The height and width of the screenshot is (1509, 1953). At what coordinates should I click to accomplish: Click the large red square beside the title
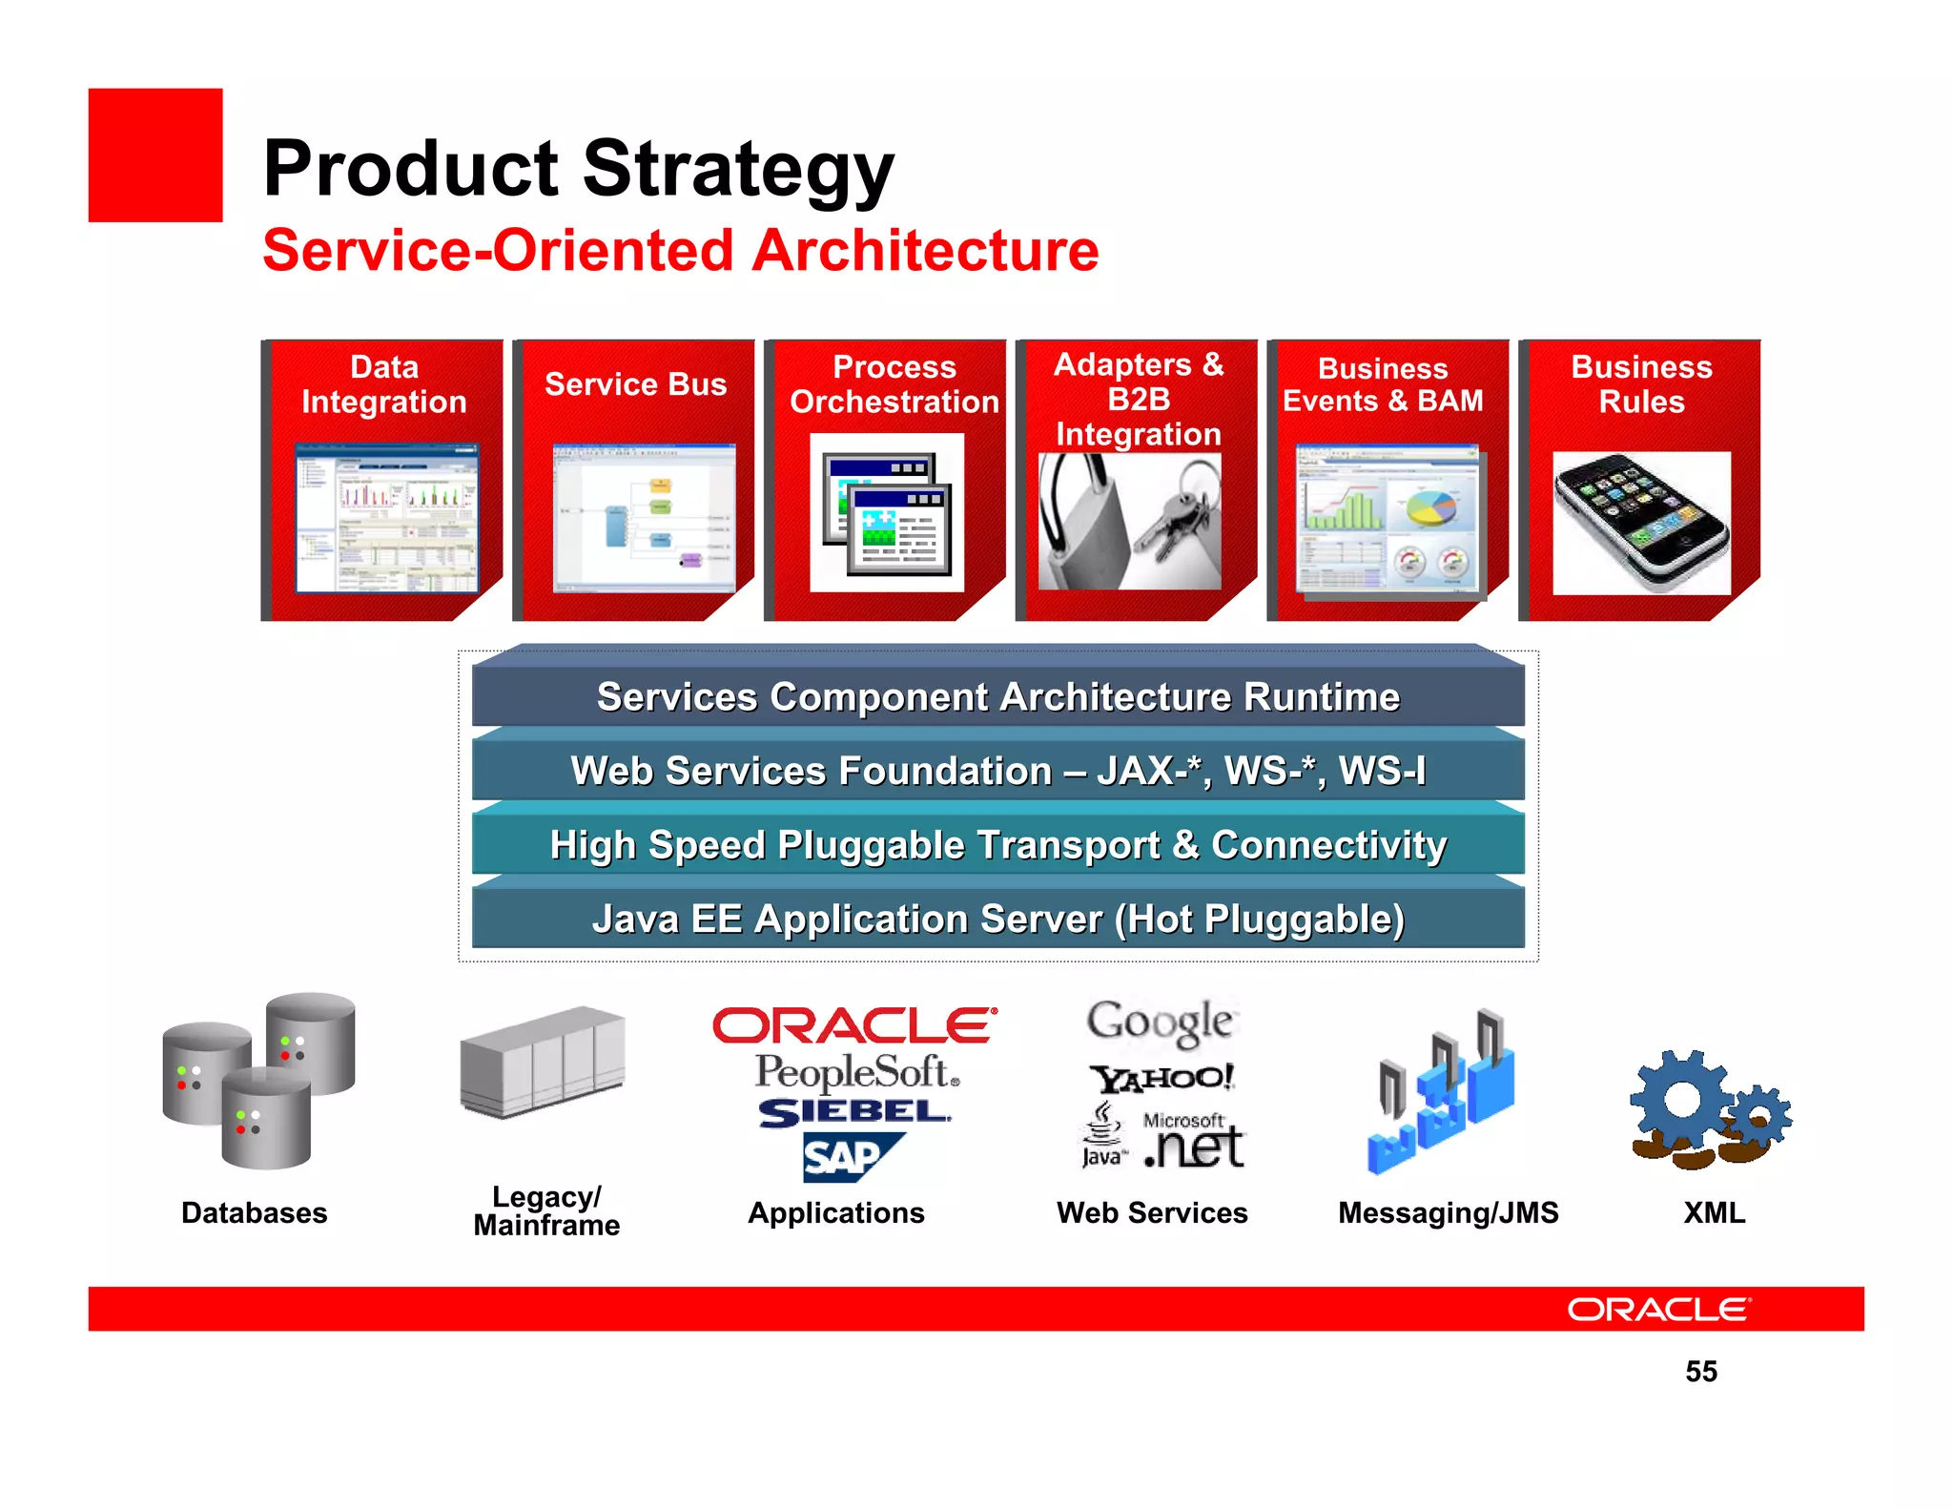click(155, 155)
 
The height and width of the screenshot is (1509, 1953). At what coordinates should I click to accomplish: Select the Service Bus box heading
click(635, 384)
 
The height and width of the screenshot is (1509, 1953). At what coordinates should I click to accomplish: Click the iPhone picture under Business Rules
click(1641, 524)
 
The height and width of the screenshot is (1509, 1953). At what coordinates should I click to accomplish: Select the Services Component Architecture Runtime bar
click(997, 697)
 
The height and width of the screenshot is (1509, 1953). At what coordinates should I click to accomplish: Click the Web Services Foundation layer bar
click(997, 771)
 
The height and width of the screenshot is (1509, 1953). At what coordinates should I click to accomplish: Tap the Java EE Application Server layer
click(997, 920)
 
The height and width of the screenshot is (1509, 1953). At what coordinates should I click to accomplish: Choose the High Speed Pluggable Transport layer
click(997, 845)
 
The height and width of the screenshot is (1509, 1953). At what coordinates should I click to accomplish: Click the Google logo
click(1160, 1023)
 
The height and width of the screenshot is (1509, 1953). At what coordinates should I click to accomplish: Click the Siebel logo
click(853, 1112)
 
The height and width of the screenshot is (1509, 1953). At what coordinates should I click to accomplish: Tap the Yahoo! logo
click(1162, 1078)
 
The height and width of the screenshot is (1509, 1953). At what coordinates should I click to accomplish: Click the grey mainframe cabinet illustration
click(542, 1061)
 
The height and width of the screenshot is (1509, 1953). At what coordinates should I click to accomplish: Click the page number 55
click(1700, 1372)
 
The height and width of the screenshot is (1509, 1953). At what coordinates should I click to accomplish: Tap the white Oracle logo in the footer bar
click(1658, 1310)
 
